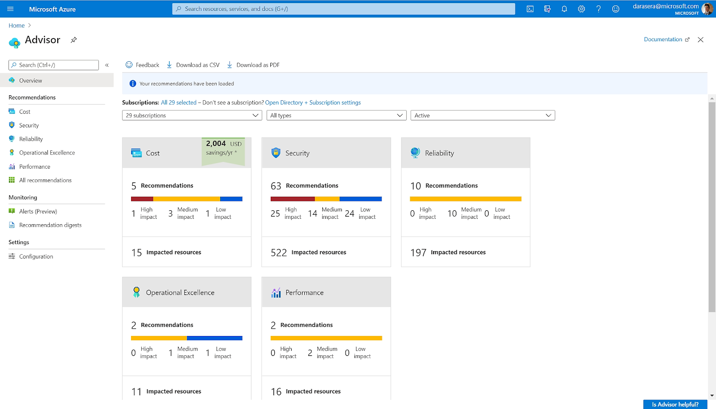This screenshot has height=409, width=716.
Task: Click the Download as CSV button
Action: tap(193, 65)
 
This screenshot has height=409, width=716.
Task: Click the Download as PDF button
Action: tap(253, 65)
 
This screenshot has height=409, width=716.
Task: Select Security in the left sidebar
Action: tap(29, 125)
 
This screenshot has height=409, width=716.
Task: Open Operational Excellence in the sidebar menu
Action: tap(47, 153)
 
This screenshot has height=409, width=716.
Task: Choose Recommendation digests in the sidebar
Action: tap(50, 225)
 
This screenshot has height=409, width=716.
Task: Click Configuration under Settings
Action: tap(36, 256)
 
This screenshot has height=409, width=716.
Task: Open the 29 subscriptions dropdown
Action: tap(192, 115)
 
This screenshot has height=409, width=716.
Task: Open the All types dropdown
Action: tap(337, 115)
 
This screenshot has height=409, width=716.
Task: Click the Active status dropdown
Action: tap(482, 115)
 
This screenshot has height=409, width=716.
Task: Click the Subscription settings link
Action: tap(335, 102)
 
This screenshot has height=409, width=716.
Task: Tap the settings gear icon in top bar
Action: tap(581, 9)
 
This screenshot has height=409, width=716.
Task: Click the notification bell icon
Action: tap(564, 9)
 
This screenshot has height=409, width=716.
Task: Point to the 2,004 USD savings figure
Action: tap(216, 144)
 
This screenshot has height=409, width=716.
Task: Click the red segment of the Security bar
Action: tap(292, 199)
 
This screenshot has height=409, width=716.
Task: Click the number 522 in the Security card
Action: tap(278, 252)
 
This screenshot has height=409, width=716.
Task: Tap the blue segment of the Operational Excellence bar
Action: tap(214, 338)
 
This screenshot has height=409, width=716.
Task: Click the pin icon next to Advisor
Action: tap(74, 40)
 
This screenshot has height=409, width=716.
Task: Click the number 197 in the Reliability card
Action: tap(418, 252)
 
